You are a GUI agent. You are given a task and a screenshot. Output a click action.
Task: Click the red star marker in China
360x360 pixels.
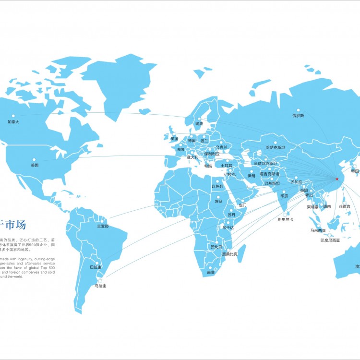[336, 179]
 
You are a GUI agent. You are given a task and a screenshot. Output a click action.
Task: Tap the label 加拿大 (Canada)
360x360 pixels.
[13, 122]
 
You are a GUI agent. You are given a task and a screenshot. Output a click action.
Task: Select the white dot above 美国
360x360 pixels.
[34, 159]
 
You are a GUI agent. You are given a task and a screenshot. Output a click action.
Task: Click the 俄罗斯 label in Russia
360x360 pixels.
[298, 116]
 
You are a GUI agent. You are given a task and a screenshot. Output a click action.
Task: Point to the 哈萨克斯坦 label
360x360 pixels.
[275, 147]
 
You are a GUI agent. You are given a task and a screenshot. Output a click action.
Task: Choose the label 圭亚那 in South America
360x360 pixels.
[103, 226]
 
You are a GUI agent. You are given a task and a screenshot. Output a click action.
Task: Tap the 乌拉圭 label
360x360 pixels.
[100, 286]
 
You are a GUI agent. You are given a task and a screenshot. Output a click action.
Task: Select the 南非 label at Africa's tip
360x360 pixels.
[211, 272]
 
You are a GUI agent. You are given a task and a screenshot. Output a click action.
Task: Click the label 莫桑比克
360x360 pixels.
[229, 254]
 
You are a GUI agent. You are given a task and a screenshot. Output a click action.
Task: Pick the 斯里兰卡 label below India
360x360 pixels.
[285, 219]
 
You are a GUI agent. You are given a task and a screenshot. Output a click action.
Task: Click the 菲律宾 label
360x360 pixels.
[345, 206]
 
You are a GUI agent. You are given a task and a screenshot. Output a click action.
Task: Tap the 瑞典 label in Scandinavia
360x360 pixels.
[199, 124]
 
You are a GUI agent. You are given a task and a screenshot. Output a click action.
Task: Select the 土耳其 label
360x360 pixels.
[226, 166]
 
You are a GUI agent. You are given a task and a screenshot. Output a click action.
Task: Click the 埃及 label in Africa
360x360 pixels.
[218, 202]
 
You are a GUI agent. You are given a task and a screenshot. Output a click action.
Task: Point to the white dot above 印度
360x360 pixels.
[285, 191]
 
